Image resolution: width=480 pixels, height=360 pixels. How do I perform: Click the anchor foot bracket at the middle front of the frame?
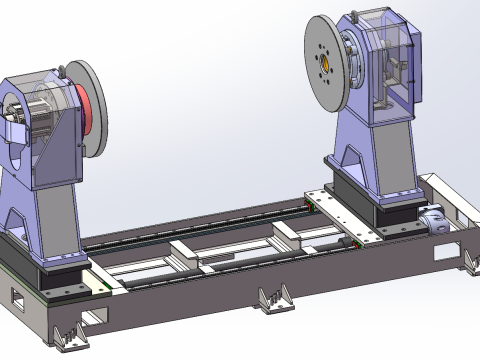click(270, 299)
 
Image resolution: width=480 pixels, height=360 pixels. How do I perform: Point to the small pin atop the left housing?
click(65, 67)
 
